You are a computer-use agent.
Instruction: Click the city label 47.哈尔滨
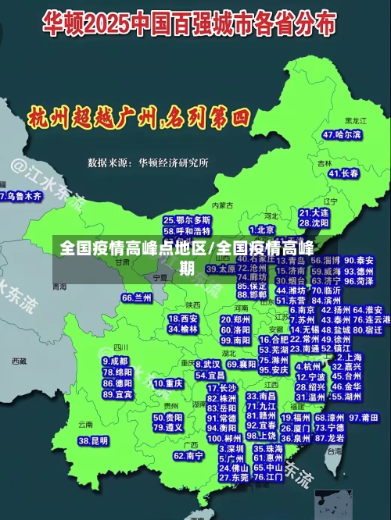coord(343,135)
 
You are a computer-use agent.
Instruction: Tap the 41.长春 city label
coord(344,173)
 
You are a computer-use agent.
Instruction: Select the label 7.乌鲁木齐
coord(20,197)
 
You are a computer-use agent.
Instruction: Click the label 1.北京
coord(261,230)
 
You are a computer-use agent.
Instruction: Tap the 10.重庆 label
coord(168,384)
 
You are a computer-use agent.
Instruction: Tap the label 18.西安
coord(183,319)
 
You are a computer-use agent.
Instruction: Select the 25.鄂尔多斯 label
coord(187,220)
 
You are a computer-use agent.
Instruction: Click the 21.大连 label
coord(314,212)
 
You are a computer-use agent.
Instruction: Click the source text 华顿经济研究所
coord(174,163)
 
